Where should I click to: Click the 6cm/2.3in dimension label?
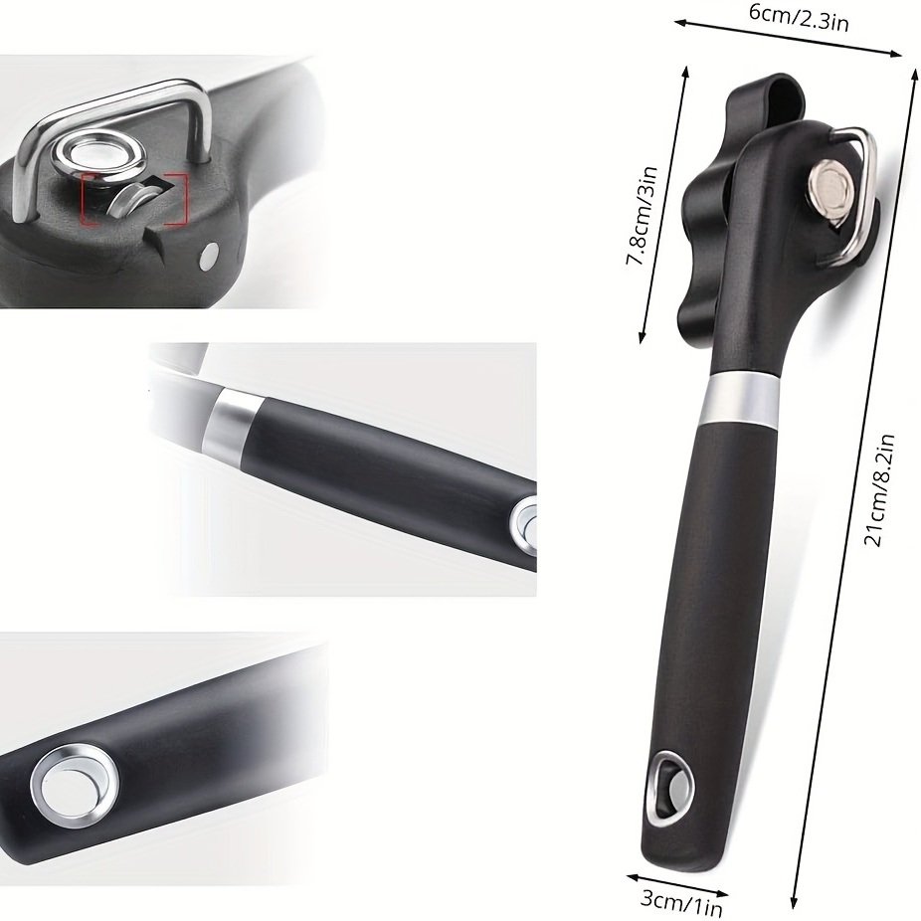pos(799,17)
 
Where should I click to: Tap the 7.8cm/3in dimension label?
pos(641,216)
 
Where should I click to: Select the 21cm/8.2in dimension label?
pos(879,490)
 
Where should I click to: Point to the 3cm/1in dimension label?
pos(680,904)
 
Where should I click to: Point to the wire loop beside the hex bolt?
pos(858,194)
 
